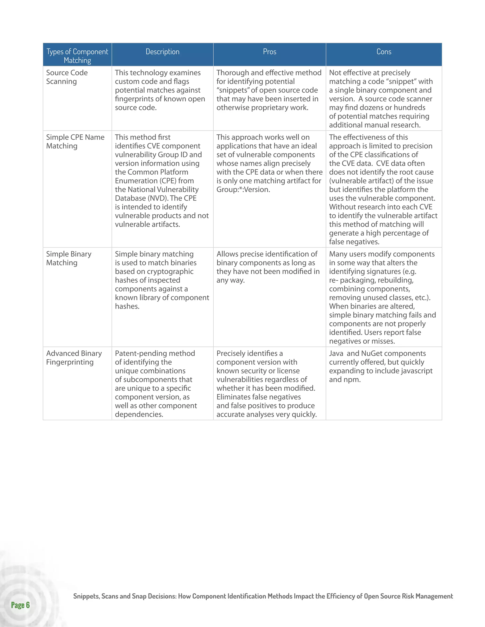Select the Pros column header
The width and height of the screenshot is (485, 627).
(x=269, y=52)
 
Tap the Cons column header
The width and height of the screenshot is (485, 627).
(x=384, y=52)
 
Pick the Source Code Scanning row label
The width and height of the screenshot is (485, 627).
(x=67, y=77)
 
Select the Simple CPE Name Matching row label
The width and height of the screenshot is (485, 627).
(x=75, y=141)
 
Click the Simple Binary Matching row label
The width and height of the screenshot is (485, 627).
(x=69, y=258)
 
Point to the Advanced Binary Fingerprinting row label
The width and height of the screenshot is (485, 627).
(x=74, y=358)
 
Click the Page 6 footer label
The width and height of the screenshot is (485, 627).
(x=20, y=605)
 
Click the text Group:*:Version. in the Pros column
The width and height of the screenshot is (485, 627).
(x=243, y=190)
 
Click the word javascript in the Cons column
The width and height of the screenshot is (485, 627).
(x=417, y=371)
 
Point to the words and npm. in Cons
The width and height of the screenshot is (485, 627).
(x=345, y=380)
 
